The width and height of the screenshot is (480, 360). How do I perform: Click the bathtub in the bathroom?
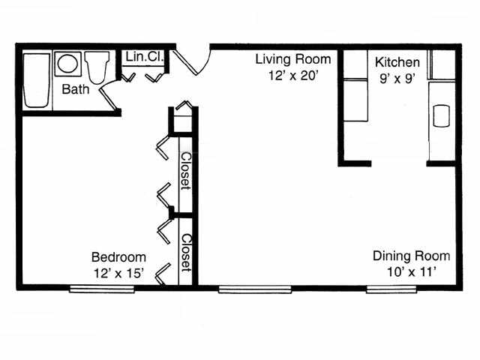pos(34,79)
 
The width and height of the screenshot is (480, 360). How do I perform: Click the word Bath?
pos(75,90)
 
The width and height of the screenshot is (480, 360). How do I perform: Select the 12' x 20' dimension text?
pos(288,76)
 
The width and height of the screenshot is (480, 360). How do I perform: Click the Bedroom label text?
pos(118,256)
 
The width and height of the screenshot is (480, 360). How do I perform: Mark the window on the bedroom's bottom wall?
pos(92,287)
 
